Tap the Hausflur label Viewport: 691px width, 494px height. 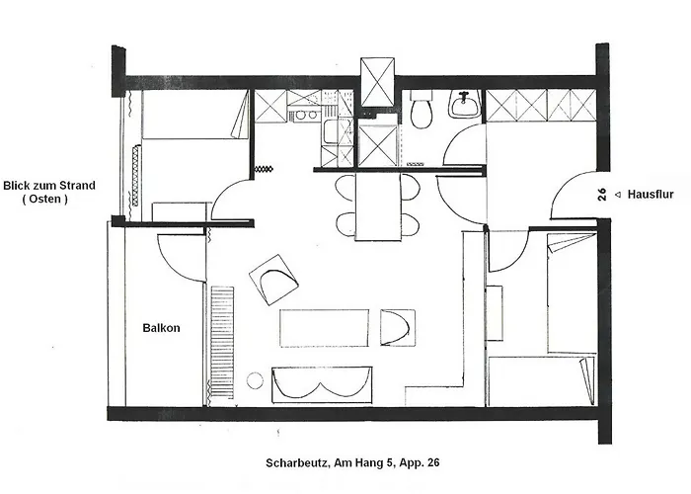point(651,195)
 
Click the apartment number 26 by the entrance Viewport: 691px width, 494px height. point(601,195)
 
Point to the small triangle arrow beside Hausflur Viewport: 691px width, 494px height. point(617,195)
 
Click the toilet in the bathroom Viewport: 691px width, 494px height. point(422,112)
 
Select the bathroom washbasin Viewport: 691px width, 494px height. point(463,103)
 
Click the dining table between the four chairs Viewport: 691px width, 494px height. point(378,206)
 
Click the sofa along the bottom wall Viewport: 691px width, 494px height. point(322,383)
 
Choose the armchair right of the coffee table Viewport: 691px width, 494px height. point(398,328)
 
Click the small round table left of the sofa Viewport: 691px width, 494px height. point(255,379)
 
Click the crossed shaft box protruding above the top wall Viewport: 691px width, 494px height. point(379,81)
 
